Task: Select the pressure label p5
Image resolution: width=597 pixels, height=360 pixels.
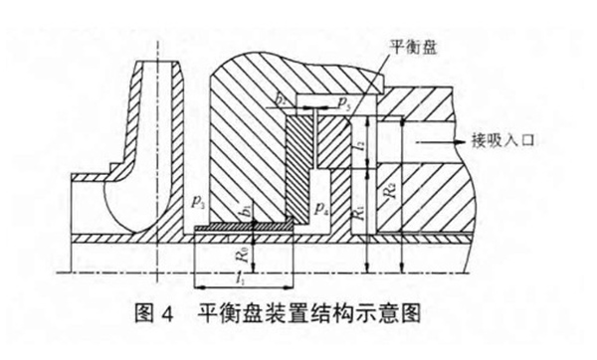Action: [x=341, y=101]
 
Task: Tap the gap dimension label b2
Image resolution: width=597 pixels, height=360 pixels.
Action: [x=282, y=101]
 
